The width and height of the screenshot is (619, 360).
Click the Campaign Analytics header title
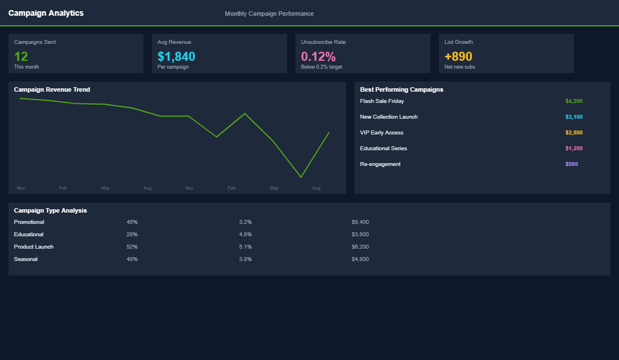coord(46,13)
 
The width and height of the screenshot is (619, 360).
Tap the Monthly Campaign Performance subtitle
coord(269,13)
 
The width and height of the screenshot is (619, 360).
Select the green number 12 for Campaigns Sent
coord(21,56)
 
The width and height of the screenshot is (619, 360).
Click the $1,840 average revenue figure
coord(176,56)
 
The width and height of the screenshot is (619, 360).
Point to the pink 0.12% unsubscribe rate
coord(318,56)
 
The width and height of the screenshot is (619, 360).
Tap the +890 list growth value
coord(458,56)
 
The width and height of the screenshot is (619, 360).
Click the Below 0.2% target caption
coord(321,67)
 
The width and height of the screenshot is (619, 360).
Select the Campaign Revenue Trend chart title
coord(52,89)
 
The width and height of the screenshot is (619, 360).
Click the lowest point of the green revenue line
coord(301,177)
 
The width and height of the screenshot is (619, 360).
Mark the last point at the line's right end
coord(329,132)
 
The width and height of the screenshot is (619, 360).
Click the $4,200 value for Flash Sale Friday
coord(574,101)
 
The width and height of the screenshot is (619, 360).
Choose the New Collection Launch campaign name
coord(389,117)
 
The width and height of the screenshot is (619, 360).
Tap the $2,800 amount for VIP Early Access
coord(574,133)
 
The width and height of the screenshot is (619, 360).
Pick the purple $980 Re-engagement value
coord(572,164)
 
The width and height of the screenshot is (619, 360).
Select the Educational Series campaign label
coord(383,148)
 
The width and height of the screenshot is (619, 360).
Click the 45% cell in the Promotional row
coord(132,222)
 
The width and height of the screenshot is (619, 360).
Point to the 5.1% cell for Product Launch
coord(245,247)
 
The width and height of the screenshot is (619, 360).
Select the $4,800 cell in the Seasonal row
coord(360,259)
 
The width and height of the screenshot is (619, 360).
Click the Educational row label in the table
coord(29,235)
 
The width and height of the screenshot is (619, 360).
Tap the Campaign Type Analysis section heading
coord(51,210)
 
